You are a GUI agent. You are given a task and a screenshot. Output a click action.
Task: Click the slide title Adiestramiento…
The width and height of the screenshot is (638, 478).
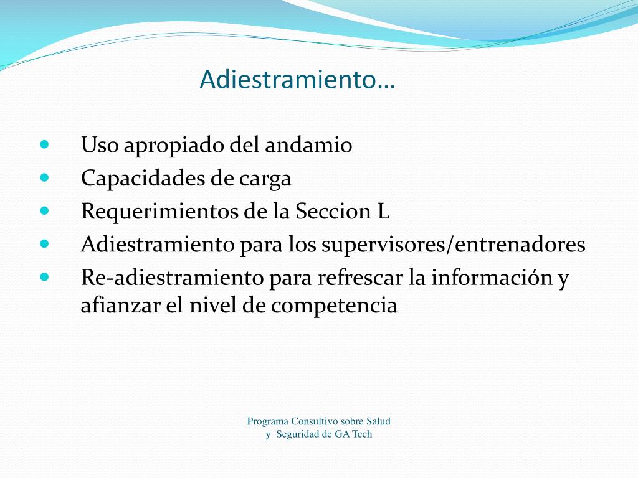click(297, 79)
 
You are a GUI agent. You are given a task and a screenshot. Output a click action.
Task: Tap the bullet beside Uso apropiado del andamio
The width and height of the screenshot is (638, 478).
click(44, 144)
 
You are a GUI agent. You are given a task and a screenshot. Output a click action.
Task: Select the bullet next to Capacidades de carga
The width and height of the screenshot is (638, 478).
click(44, 177)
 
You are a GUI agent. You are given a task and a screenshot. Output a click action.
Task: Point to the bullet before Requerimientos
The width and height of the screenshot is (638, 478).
click(44, 211)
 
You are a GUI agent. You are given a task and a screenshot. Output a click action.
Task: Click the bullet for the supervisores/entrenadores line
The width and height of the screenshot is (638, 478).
click(44, 244)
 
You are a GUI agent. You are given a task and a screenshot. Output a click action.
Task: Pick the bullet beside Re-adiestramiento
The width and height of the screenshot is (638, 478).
click(44, 277)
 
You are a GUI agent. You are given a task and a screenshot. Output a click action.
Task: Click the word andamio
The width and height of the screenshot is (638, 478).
click(308, 144)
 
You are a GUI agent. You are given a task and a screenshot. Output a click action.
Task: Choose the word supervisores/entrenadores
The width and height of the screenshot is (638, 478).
click(454, 245)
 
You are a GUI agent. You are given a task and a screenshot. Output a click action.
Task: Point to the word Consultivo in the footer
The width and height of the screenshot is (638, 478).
click(315, 421)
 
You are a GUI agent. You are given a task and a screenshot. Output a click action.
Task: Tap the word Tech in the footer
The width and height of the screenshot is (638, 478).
click(362, 434)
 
